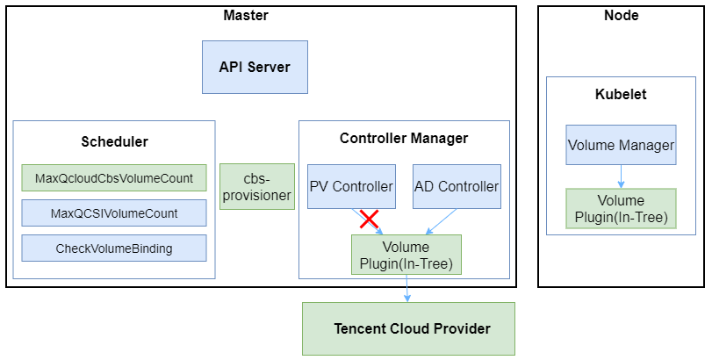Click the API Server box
click(x=255, y=67)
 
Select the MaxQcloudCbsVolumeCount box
click(x=114, y=178)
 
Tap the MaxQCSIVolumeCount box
click(x=114, y=213)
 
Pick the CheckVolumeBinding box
click(x=114, y=248)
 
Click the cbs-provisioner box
click(x=256, y=186)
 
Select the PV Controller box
click(x=351, y=186)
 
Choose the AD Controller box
click(x=457, y=186)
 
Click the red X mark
click(x=369, y=219)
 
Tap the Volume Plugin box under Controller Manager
click(x=406, y=255)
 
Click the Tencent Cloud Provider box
click(x=408, y=328)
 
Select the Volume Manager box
click(x=621, y=145)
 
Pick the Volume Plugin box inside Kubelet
click(x=621, y=209)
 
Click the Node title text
click(x=622, y=15)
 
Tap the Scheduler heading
click(x=114, y=141)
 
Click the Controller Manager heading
click(x=404, y=138)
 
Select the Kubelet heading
click(x=621, y=94)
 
